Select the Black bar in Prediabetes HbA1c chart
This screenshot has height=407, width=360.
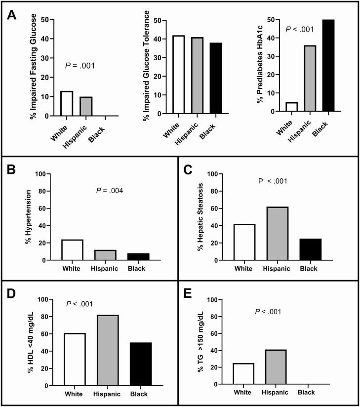click(328, 66)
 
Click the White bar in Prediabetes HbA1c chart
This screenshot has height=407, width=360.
click(292, 107)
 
